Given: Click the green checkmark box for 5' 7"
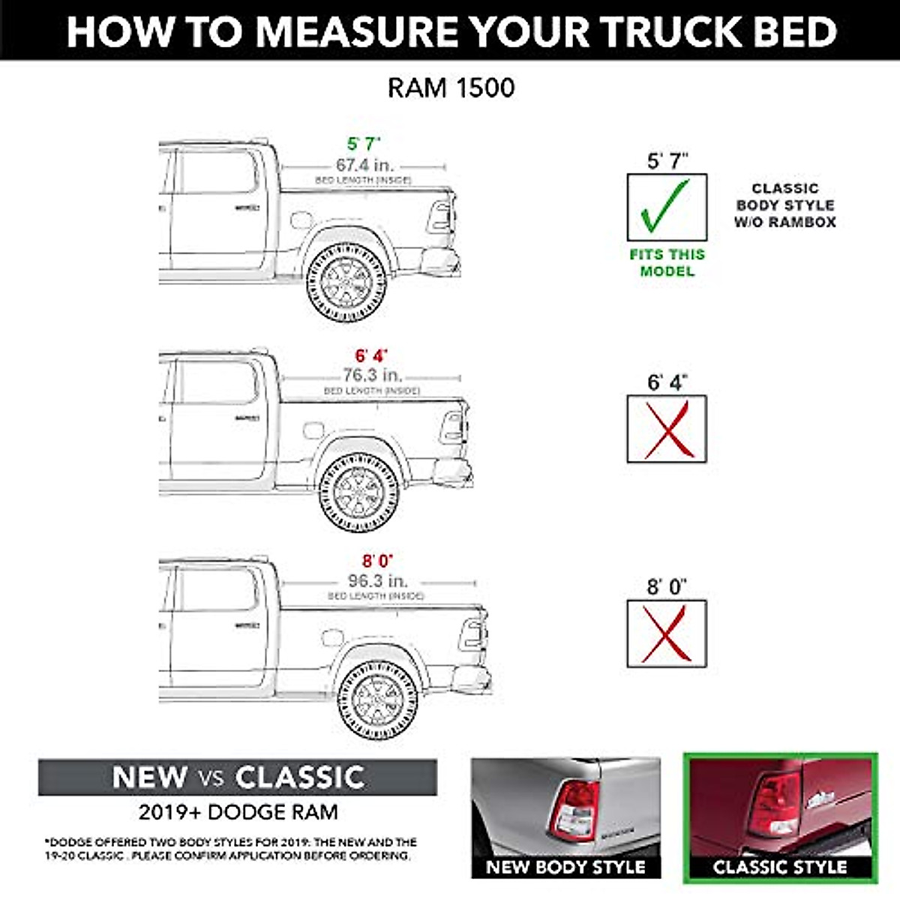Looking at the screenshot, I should coord(666,208).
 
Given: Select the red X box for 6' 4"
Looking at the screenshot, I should coord(666,429).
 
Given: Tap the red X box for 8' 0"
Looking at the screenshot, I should coord(666,634).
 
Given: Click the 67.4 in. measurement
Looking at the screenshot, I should coord(364,165).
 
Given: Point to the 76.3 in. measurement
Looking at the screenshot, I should coord(373,374).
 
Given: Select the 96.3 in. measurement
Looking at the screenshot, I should coord(377,580).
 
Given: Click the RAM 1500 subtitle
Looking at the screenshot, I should coord(451,88).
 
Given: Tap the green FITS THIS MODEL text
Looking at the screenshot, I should coord(667,262).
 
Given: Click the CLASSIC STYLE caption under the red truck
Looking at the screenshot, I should coord(780,867).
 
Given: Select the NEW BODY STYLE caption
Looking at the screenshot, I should coord(565,867).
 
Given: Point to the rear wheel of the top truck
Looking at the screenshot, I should coord(346,283).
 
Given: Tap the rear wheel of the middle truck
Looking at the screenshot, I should coord(358,493).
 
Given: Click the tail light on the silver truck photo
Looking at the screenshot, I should coord(574,810).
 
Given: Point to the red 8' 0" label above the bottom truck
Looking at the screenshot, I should coord(377,560).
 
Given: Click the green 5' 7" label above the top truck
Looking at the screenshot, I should coord(364,143).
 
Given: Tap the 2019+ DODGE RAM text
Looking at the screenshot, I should coord(238,811).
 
